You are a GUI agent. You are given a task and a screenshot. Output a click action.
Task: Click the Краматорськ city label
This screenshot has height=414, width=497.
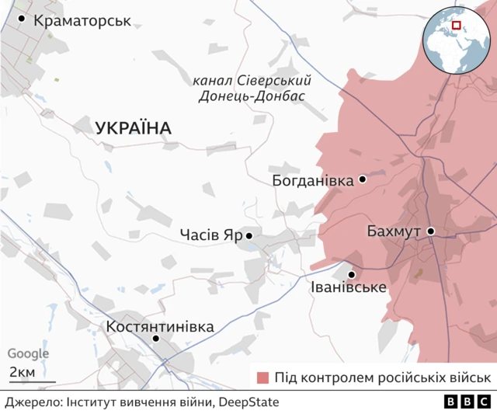[x=82, y=19]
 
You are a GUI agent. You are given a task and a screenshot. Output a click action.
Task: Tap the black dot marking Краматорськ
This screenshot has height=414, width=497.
[x=22, y=19]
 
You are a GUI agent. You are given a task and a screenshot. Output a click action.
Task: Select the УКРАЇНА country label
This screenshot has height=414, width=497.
[x=134, y=128]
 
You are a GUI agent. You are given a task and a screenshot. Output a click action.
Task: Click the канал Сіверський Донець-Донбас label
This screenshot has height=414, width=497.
[x=252, y=88]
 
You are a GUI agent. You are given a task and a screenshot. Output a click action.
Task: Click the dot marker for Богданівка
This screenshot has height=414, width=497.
[x=362, y=179]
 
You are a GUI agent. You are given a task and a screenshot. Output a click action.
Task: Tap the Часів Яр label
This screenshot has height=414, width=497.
[x=210, y=235]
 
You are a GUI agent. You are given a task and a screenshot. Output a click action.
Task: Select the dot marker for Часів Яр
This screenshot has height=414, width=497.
[x=249, y=235]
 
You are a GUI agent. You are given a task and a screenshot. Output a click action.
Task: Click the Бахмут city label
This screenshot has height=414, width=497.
[x=395, y=231]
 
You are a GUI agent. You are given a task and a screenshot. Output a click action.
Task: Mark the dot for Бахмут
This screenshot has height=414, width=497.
[x=430, y=231]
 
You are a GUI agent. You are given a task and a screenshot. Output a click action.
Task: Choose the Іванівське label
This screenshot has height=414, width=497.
[x=348, y=289]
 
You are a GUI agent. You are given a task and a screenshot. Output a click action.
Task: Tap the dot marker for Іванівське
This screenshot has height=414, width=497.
[x=352, y=274]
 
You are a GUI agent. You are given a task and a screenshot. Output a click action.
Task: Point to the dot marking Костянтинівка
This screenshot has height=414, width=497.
[x=156, y=339]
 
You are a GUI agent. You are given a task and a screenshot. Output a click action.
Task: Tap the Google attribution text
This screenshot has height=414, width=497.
[x=28, y=353]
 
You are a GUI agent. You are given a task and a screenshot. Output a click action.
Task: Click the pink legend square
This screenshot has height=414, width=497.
[x=262, y=377]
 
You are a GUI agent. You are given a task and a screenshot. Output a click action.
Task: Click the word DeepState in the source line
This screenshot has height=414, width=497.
[x=248, y=402]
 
